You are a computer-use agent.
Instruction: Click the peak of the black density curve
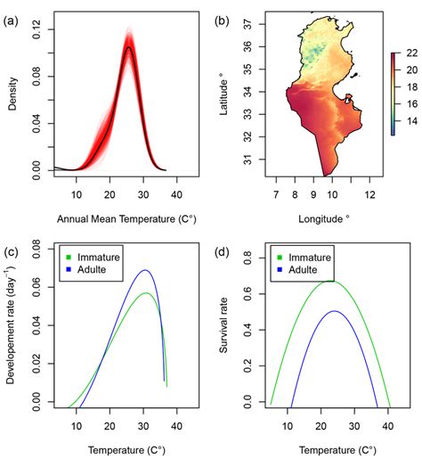click(x=129, y=48)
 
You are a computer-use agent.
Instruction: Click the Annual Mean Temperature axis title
click(x=108, y=217)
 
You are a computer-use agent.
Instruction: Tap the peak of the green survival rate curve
click(x=331, y=282)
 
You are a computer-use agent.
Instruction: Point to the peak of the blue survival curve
click(x=334, y=311)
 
